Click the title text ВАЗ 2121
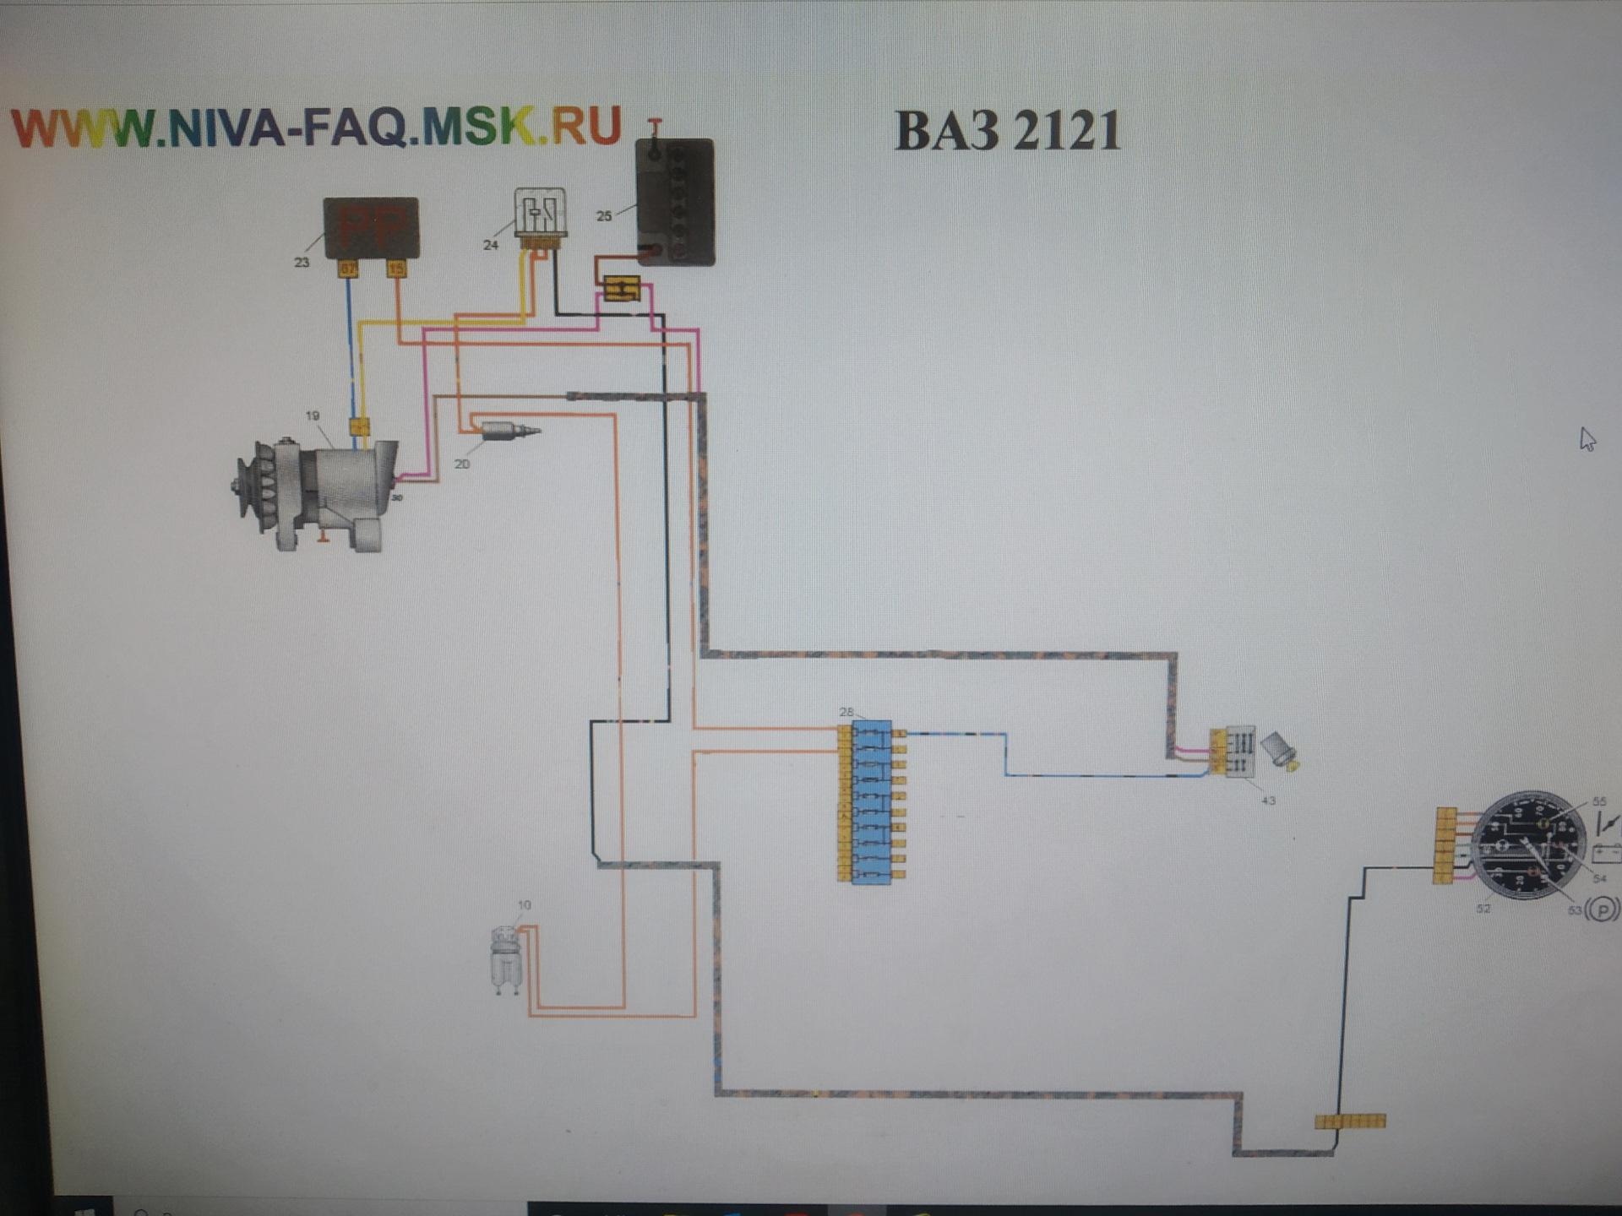[1007, 131]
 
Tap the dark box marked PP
[371, 226]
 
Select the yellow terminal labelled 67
[348, 269]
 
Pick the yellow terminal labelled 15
[396, 269]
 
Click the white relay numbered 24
[540, 214]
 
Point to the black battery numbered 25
[676, 203]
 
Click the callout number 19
[313, 415]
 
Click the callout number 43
[1268, 800]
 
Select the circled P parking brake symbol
[1603, 909]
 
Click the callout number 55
[1599, 801]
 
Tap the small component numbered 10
[506, 958]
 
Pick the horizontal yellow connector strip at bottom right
[1350, 1121]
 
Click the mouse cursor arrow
[1587, 439]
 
